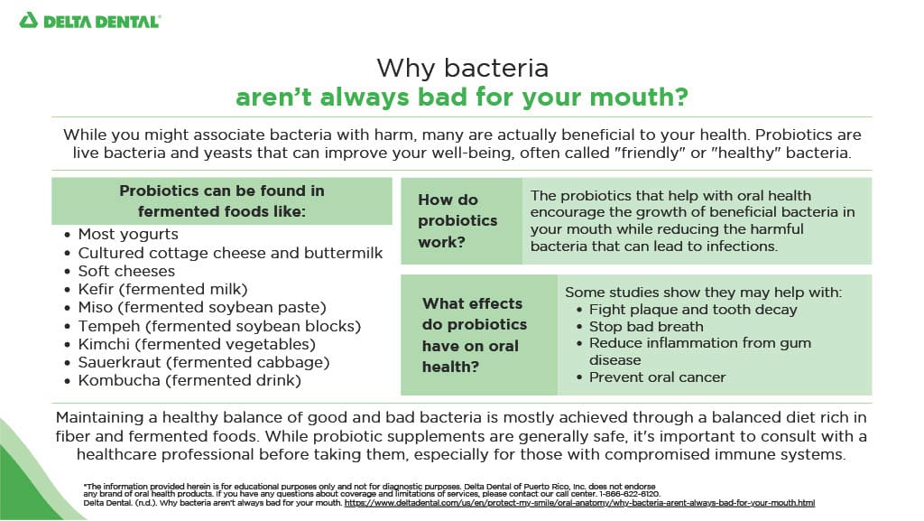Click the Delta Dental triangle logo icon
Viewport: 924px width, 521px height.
click(x=28, y=21)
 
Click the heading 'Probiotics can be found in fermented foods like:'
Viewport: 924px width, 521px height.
click(x=222, y=201)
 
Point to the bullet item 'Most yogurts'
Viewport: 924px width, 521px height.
click(x=128, y=234)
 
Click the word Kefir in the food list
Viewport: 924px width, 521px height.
click(x=96, y=289)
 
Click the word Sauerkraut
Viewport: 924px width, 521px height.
click(x=120, y=362)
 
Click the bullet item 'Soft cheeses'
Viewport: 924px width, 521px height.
click(x=126, y=271)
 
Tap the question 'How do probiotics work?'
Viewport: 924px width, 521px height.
click(x=457, y=221)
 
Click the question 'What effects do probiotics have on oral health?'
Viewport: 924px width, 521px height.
click(x=475, y=335)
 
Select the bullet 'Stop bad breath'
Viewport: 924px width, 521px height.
click(x=646, y=327)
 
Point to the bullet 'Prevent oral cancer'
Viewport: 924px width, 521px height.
click(x=657, y=377)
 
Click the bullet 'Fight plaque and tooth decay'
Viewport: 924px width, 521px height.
click(x=693, y=310)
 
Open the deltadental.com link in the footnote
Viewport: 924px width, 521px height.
click(x=579, y=503)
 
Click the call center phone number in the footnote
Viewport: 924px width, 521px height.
click(x=629, y=494)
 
